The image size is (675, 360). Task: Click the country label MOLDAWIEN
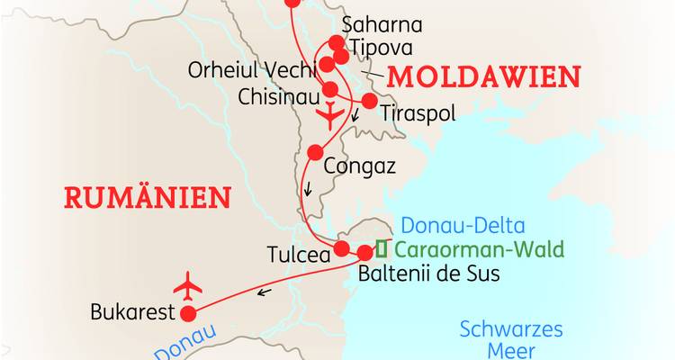(484, 77)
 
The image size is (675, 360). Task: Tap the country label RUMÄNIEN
(148, 196)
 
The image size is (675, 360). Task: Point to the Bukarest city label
(131, 314)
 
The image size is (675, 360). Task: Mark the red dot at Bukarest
(189, 314)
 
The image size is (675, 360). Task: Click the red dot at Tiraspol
(369, 101)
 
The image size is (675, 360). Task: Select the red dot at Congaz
(314, 152)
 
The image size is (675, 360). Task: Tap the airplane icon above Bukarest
(189, 286)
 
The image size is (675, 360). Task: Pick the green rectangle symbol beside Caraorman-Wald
(382, 248)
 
